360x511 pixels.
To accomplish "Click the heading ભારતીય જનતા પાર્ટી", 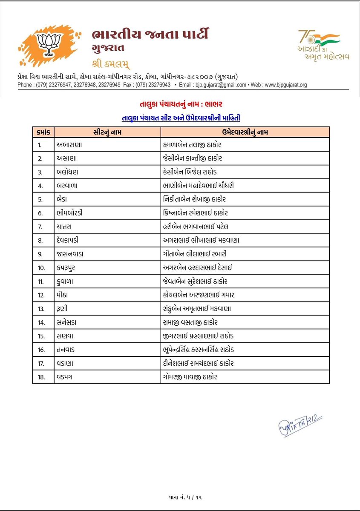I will click(x=150, y=35).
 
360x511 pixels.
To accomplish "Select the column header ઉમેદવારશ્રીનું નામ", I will click(x=245, y=132).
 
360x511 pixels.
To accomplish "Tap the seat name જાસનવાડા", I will click(x=72, y=254).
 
